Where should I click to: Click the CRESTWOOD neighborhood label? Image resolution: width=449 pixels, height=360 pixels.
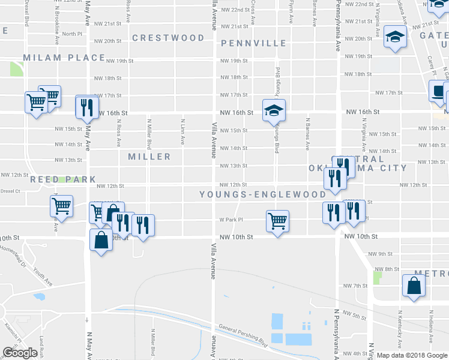pyautogui.click(x=168, y=38)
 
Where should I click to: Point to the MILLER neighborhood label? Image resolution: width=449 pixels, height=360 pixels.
pyautogui.click(x=149, y=157)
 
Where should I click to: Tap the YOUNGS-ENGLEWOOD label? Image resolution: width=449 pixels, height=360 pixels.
pyautogui.click(x=263, y=194)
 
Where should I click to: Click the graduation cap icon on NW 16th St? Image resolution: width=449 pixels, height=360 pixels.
pyautogui.click(x=273, y=110)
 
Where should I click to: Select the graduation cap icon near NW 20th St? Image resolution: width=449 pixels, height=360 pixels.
pyautogui.click(x=396, y=37)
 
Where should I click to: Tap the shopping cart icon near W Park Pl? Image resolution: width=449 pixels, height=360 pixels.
pyautogui.click(x=277, y=220)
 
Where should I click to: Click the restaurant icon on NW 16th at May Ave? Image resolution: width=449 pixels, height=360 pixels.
pyautogui.click(x=88, y=107)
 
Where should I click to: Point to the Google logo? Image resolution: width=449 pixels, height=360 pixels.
pyautogui.click(x=20, y=353)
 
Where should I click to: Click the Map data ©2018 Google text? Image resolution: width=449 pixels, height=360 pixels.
pyautogui.click(x=412, y=355)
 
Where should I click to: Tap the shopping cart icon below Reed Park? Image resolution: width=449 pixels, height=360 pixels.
pyautogui.click(x=61, y=206)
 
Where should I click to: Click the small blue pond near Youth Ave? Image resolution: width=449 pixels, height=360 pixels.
pyautogui.click(x=40, y=296)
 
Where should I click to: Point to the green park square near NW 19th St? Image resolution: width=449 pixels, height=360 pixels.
pyautogui.click(x=16, y=69)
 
